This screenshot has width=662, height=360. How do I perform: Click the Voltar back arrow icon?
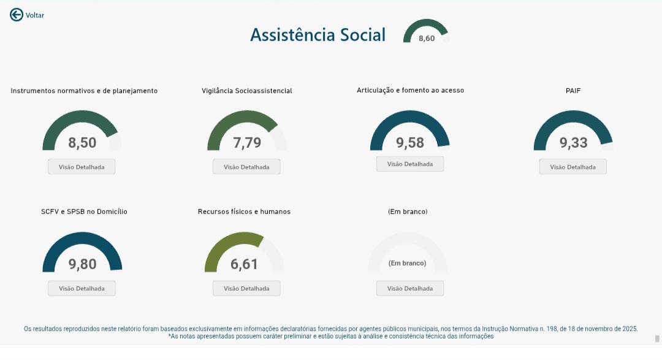tap(17, 15)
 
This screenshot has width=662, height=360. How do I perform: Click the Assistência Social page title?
tap(318, 35)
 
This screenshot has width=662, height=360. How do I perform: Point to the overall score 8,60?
tap(427, 39)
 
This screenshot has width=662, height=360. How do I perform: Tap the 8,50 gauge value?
tap(82, 143)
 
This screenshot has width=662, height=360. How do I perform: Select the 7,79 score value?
tap(247, 143)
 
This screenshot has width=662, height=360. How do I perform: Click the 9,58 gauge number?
tap(410, 143)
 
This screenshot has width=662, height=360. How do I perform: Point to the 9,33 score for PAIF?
tap(573, 143)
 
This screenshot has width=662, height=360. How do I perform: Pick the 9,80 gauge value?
tap(82, 264)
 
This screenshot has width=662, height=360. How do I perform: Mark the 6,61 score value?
tap(244, 264)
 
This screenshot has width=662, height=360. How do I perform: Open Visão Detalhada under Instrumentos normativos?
tap(82, 167)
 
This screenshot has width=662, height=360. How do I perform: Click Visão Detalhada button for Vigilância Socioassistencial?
tap(246, 167)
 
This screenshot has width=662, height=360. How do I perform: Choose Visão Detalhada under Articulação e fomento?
tap(409, 164)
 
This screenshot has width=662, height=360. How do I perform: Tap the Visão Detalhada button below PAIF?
tap(573, 167)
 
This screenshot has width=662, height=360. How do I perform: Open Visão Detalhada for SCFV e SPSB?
tap(82, 288)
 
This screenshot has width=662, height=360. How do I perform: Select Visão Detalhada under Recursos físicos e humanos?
tap(246, 288)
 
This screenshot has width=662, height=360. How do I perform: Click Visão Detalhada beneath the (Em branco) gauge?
tap(409, 288)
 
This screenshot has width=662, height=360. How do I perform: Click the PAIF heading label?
tap(573, 91)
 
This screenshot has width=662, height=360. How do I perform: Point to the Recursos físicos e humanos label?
tap(244, 212)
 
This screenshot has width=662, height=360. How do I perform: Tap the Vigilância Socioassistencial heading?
tap(246, 91)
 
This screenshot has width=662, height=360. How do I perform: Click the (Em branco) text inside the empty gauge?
tap(407, 263)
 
